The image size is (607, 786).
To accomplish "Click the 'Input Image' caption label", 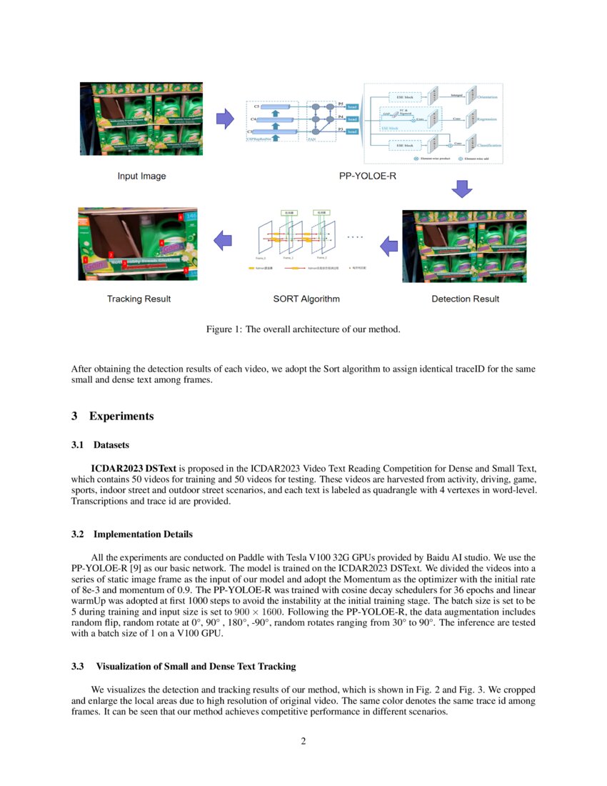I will point(143,176).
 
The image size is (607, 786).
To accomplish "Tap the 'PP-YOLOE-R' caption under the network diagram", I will point(367,176).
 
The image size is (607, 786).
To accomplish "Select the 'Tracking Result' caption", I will point(139,299).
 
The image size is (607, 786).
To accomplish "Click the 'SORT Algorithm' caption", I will point(306,299).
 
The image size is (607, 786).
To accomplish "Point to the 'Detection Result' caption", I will point(465,299).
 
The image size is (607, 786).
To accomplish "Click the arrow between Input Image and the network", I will point(224,119).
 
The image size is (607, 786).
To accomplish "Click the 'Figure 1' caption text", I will point(303,329).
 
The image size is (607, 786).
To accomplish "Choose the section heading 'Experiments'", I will point(121,416).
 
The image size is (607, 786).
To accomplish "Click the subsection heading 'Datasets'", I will point(111,445).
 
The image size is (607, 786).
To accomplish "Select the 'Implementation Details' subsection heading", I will point(143,534).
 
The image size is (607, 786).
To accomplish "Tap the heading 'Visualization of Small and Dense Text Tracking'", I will point(196,667).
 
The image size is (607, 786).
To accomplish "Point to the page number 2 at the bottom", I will point(303,740).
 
